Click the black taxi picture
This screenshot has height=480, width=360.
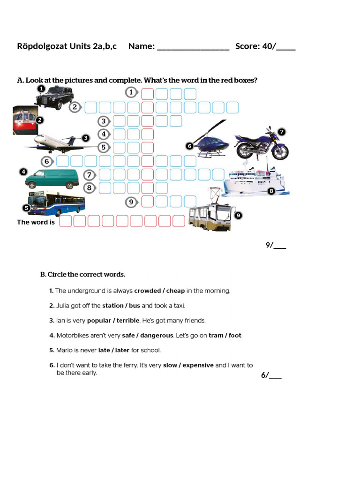point(54,99)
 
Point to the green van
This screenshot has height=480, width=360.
point(52,178)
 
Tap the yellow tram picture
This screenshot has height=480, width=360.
point(210,217)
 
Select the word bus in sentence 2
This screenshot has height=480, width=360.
point(134,306)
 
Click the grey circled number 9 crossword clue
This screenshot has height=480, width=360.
point(132,202)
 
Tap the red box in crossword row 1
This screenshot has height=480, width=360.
point(148,93)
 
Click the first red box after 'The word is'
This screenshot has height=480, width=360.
point(66,221)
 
